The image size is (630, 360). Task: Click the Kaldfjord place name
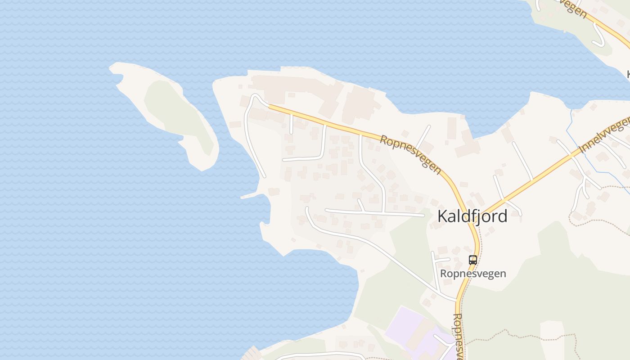pyautogui.click(x=472, y=216)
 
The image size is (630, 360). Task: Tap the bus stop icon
pyautogui.click(x=472, y=260)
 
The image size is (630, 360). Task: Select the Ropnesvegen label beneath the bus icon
pyautogui.click(x=473, y=273)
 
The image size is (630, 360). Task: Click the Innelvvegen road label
pyautogui.click(x=603, y=135)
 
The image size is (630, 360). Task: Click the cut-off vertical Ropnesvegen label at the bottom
pyautogui.click(x=458, y=335)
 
